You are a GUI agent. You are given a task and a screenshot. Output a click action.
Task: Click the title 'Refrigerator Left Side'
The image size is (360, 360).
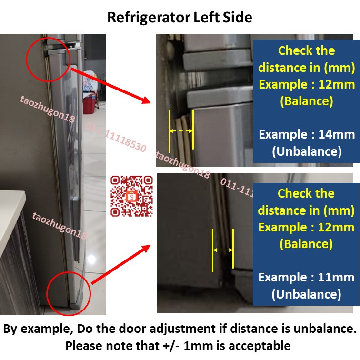[x=180, y=18]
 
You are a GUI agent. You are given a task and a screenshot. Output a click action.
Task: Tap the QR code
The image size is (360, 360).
[x=132, y=196]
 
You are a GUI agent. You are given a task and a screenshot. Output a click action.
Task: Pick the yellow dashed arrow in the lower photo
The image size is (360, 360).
[x=222, y=250]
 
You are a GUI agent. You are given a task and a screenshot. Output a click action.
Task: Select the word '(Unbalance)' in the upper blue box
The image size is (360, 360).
[x=307, y=151]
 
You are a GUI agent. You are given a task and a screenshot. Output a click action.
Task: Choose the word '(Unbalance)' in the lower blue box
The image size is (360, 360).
[x=307, y=295]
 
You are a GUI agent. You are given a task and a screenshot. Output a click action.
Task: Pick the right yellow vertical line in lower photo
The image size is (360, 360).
[x=233, y=249]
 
